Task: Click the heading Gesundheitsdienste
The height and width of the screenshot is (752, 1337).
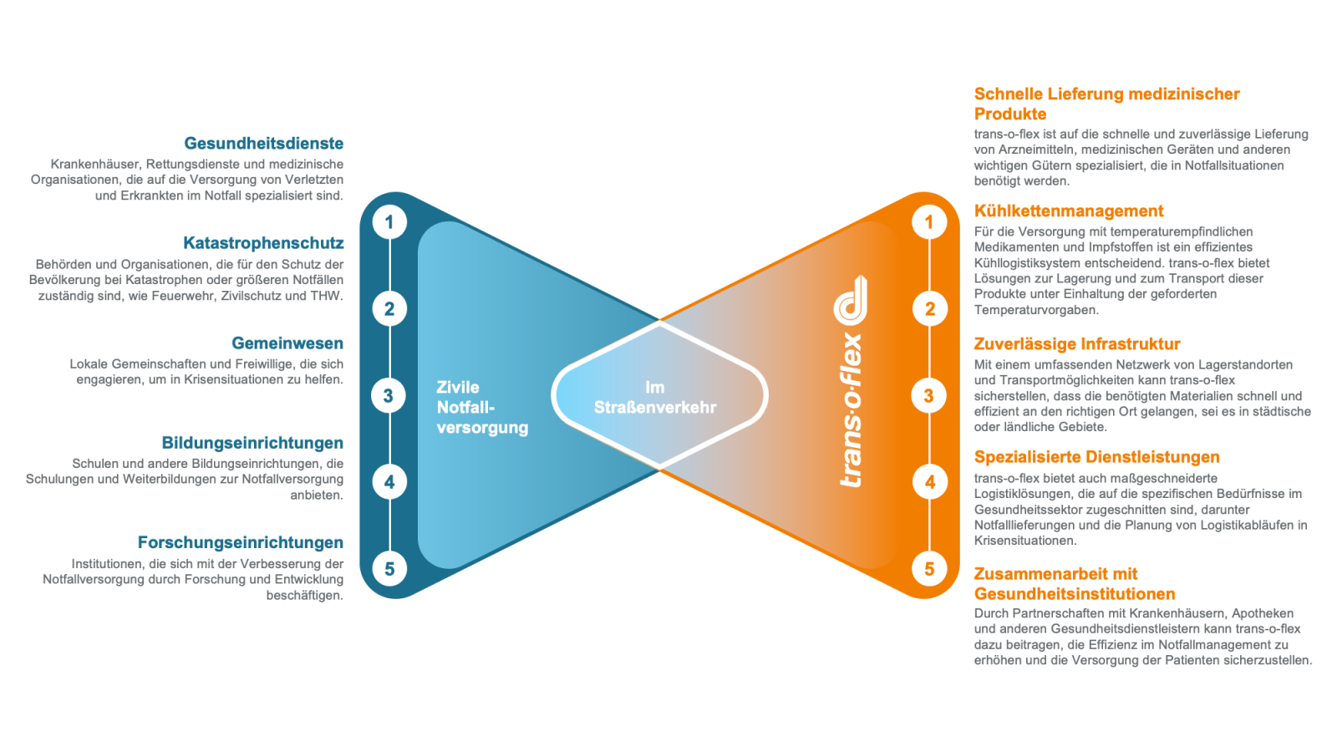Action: click(264, 143)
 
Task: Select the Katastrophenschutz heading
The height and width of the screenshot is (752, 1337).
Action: click(263, 243)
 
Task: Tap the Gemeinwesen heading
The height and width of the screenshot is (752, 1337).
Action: click(287, 343)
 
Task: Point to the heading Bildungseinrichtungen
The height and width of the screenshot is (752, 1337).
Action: click(252, 443)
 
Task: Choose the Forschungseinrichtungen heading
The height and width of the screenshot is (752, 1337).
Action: click(241, 542)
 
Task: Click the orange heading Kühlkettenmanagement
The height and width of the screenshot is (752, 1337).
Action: click(1069, 211)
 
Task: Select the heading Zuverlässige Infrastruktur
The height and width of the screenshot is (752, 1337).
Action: click(1077, 343)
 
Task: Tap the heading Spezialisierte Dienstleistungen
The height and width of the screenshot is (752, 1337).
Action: click(1097, 457)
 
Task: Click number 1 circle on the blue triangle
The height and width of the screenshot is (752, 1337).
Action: click(389, 222)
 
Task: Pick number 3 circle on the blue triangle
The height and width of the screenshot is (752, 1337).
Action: click(389, 395)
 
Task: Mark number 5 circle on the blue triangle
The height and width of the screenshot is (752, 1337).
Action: click(389, 569)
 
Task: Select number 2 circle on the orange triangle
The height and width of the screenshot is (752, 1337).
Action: click(929, 308)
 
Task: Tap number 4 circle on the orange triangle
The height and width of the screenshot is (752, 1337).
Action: click(929, 482)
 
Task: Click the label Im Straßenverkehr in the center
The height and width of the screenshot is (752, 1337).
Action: click(655, 398)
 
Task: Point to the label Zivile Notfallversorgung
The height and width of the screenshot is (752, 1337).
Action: click(482, 408)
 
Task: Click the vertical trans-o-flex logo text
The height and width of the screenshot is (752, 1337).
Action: click(852, 410)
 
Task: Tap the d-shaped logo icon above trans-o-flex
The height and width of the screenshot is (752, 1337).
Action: click(851, 301)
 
